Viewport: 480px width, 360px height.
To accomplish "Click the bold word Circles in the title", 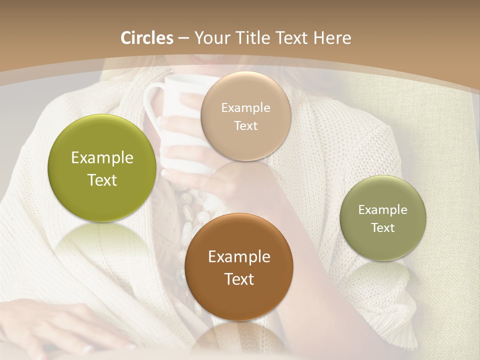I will point(147,38).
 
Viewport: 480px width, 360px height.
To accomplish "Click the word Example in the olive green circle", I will point(102,158).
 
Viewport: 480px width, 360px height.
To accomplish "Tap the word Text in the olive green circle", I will point(102,180).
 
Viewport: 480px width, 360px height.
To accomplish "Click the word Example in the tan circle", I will point(245,108).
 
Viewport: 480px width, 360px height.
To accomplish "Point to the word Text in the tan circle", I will point(245,125).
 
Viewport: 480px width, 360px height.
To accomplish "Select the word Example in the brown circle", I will point(239,257).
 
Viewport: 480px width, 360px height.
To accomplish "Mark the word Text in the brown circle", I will point(239,279).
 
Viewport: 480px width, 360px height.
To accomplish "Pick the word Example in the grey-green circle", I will point(382,210).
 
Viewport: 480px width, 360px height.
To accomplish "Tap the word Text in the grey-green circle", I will point(382,227).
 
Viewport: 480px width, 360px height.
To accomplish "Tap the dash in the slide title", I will point(183,38).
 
